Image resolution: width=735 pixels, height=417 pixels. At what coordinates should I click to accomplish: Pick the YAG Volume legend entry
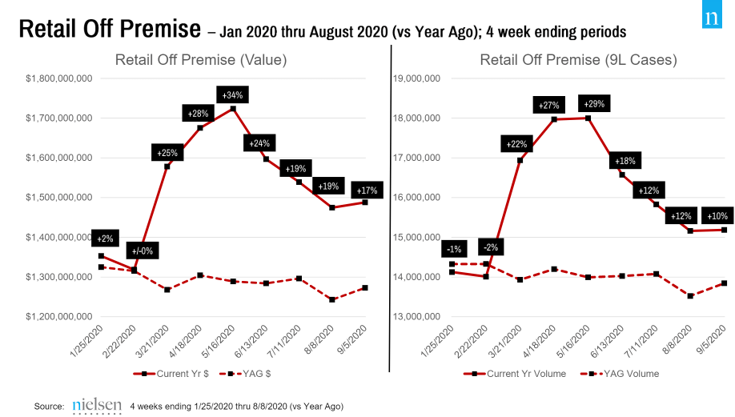pos(620,373)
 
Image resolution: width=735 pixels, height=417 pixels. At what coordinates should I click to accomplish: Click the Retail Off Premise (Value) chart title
pos(201,60)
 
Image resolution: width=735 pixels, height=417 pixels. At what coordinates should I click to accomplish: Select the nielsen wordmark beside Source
pos(96,406)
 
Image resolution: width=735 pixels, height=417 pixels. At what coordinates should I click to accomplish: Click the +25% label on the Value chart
pos(167,152)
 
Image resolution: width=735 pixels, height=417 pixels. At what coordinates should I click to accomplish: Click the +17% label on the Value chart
pos(367,190)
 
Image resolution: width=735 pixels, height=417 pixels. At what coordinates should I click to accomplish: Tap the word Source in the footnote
pos(49,407)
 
